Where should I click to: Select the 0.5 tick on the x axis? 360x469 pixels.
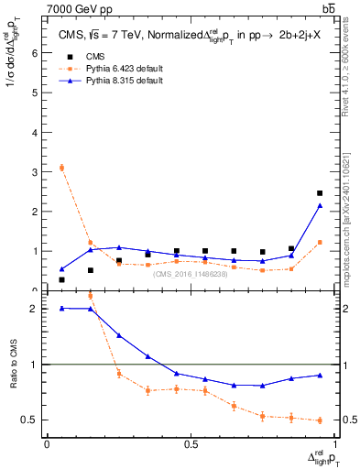point(191,445)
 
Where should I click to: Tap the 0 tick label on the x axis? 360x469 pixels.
point(47,445)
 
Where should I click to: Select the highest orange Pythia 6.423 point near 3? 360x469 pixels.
point(61,168)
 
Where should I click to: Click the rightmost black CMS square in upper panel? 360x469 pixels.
point(320,193)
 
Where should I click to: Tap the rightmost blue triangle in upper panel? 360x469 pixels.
point(320,205)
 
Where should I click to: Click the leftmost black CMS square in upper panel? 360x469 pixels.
point(61,279)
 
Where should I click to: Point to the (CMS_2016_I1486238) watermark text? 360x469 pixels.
point(191,274)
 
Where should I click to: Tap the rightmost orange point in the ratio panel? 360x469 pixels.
point(320,420)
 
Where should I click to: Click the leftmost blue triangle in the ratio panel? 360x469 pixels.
point(61,308)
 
